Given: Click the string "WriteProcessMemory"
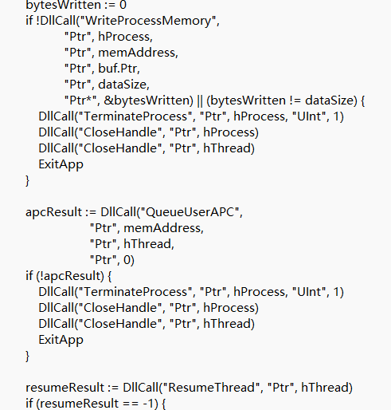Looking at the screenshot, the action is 147,21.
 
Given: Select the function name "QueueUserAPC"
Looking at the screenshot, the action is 190,212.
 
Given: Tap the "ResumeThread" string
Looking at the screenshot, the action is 211,388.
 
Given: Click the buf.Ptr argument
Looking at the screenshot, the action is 119,69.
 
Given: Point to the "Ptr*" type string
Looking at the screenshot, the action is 80,101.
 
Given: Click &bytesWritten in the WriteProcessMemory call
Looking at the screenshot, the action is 148,101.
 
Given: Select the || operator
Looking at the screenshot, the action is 200,101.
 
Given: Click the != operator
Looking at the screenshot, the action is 295,101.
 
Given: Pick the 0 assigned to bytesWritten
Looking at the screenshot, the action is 123,5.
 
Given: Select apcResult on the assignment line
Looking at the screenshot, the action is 54,212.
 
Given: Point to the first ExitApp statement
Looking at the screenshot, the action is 61,164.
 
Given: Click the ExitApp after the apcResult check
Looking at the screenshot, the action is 61,340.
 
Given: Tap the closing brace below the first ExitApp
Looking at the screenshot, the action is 27,180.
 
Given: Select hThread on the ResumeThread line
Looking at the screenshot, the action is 325,388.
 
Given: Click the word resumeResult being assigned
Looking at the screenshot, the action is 65,388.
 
